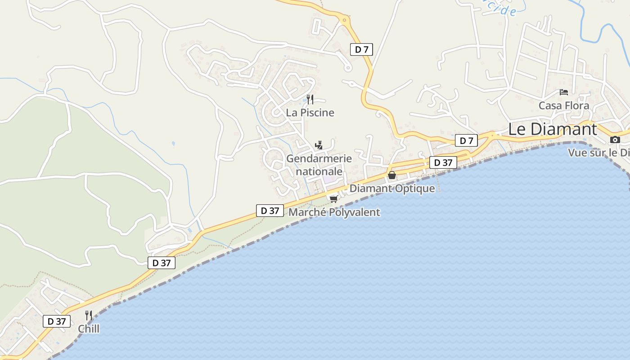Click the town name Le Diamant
click(553, 129)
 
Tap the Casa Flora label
click(564, 106)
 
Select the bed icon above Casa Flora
click(563, 92)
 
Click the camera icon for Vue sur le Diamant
click(615, 139)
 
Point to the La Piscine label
click(310, 112)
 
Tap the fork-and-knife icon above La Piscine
click(310, 99)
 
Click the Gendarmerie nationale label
click(319, 165)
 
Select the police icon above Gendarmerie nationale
click(319, 145)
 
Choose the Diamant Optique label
click(392, 189)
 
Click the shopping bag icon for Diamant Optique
click(392, 175)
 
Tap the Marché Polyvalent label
click(334, 212)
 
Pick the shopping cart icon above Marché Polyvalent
click(333, 199)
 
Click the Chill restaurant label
click(89, 329)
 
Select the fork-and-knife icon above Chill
click(89, 315)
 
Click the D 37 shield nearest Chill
click(57, 321)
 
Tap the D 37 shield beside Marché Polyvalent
click(270, 211)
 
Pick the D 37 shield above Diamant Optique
click(443, 162)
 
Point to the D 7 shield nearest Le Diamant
click(466, 141)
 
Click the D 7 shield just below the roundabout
click(361, 49)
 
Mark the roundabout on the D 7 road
click(345, 20)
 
